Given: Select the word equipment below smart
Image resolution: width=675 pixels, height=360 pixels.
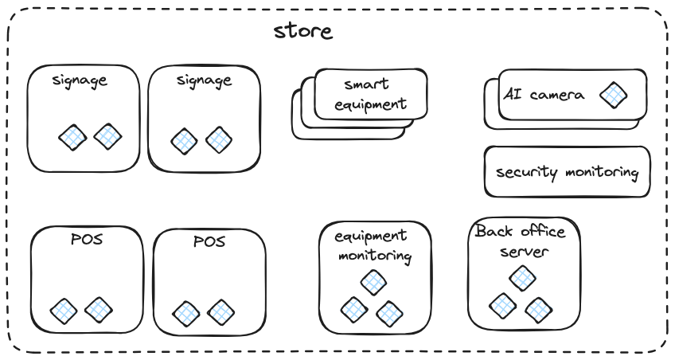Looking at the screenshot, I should pos(369,104).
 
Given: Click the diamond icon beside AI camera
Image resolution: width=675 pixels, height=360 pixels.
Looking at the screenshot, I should pos(613,96).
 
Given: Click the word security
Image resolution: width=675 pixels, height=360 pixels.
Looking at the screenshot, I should pos(522,172).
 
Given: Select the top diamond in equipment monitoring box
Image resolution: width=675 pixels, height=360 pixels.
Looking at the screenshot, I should pos(373,282).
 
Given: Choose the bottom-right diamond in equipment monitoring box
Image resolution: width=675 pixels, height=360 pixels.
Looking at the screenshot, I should pos(390,313).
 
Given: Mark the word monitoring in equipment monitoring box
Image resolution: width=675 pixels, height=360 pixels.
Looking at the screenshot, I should pos(375,256).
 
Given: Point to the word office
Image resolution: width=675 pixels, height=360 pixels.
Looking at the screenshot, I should pos(540,232).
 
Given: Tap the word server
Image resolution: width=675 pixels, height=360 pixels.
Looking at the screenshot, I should pos(523,252).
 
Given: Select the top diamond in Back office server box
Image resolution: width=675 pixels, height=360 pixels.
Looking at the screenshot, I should pos(522,277).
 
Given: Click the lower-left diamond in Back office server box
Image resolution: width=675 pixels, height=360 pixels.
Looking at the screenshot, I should pos(502,304).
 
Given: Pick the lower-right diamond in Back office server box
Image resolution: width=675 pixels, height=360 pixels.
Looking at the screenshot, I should pos(539,308).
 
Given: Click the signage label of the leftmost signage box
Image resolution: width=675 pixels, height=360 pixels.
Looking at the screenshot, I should pos(80,80).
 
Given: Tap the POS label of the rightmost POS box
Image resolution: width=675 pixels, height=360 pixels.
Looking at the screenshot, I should pos(209,241).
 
